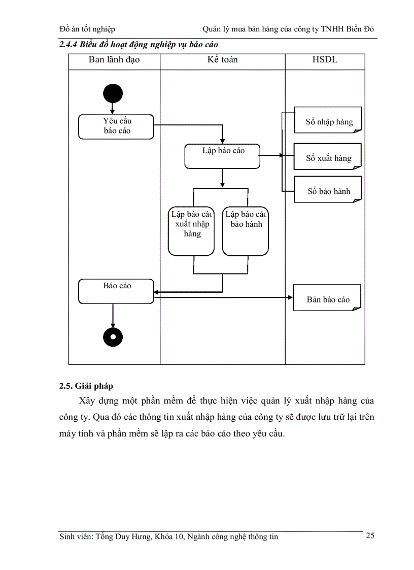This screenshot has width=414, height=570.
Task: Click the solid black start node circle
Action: pyautogui.click(x=113, y=93)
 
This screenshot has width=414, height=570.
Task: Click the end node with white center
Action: pyautogui.click(x=113, y=336)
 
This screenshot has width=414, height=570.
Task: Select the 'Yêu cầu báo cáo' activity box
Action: pyautogui.click(x=116, y=126)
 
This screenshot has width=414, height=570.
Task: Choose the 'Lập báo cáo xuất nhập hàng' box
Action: pyautogui.click(x=192, y=231)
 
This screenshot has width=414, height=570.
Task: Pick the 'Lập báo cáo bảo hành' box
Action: pyautogui.click(x=246, y=231)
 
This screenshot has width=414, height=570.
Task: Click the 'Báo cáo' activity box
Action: pyautogui.click(x=116, y=291)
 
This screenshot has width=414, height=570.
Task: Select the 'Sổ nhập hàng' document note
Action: pyautogui.click(x=328, y=120)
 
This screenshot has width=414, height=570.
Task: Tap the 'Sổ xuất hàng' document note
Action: pyautogui.click(x=328, y=157)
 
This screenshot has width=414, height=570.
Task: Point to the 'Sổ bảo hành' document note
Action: pyautogui.click(x=328, y=190)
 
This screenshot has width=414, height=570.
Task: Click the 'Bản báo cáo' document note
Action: pyautogui.click(x=328, y=298)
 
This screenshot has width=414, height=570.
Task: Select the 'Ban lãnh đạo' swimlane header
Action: pyautogui.click(x=114, y=60)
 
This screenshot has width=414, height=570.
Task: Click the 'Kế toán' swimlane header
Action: pyautogui.click(x=222, y=60)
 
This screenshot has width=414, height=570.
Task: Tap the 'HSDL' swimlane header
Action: pyautogui.click(x=325, y=60)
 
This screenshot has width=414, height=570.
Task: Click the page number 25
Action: pyautogui.click(x=370, y=535)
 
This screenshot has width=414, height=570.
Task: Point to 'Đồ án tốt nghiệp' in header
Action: pyautogui.click(x=87, y=29)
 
